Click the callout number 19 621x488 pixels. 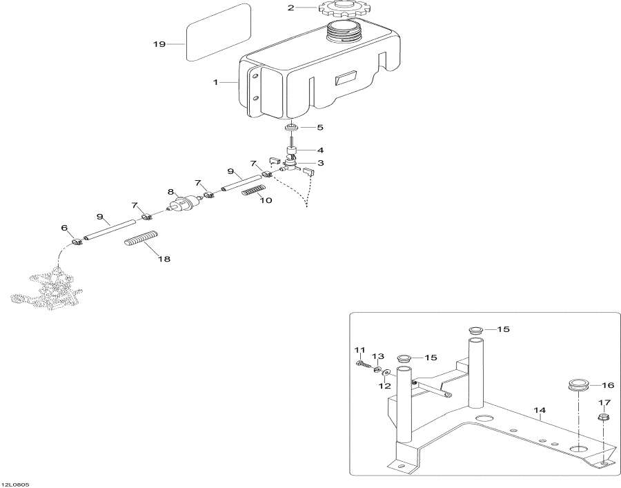pos(159,44)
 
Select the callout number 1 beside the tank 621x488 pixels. pos(215,82)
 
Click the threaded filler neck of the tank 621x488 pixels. pos(343,30)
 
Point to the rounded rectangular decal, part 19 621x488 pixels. pos(219,32)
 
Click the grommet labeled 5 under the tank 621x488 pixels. pos(293,128)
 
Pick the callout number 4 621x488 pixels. pos(319,150)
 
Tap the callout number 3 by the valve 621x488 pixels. pos(320,163)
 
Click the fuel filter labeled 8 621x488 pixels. pos(184,202)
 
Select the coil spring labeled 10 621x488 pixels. pos(253,190)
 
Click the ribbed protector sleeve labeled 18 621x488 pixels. pos(141,238)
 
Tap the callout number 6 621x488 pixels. pos(64,228)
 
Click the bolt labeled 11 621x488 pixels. pos(364,363)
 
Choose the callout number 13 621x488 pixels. pos(378,356)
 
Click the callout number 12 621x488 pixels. pos(384,386)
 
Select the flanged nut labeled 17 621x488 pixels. pos(603,417)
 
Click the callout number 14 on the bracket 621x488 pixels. pos(540,411)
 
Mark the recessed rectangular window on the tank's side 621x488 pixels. pos(346,78)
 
